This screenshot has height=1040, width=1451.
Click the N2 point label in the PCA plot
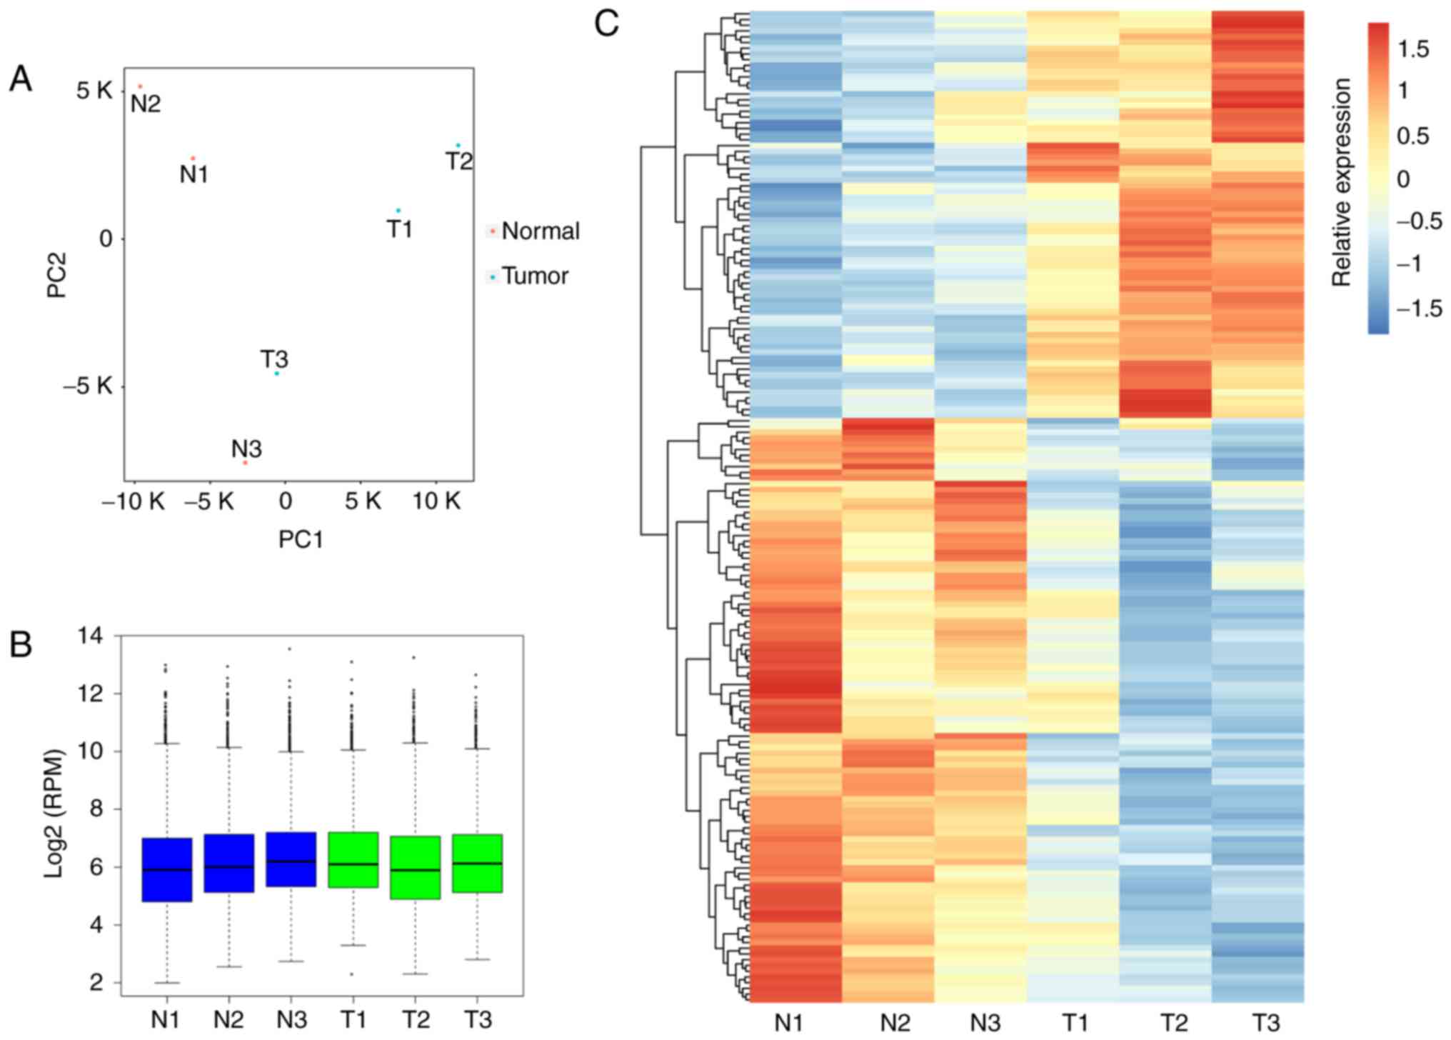146,104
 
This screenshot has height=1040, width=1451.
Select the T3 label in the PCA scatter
273,359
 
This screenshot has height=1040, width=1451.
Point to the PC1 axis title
301,540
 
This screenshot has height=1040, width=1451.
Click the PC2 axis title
56,274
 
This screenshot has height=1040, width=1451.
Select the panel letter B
21,645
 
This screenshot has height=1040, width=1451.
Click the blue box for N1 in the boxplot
167,869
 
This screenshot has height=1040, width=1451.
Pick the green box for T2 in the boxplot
416,867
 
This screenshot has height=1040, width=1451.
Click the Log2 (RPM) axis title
55,813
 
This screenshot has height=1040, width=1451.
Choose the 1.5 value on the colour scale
1413,49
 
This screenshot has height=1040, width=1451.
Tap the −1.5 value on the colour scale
1418,309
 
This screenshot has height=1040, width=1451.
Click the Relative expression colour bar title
1342,182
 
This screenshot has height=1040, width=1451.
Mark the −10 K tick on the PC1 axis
134,502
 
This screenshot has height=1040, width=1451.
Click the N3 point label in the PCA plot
246,449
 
